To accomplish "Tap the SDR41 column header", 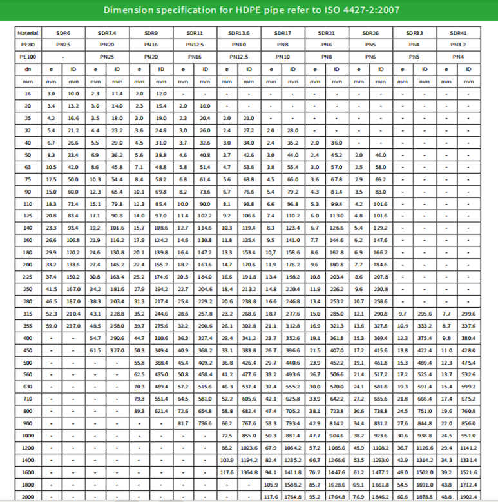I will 458,32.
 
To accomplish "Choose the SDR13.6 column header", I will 239,32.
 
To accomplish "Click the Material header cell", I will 28,32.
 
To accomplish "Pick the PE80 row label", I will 28,45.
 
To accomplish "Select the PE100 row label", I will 28,57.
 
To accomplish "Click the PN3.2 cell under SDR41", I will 458,45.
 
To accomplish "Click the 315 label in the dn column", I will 28,314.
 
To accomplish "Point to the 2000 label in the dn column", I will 28,496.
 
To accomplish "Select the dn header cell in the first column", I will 28,69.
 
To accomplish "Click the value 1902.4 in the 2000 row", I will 468,496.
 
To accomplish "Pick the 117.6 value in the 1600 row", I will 227,472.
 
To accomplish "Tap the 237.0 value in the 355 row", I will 73,326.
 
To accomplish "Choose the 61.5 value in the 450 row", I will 95,350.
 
